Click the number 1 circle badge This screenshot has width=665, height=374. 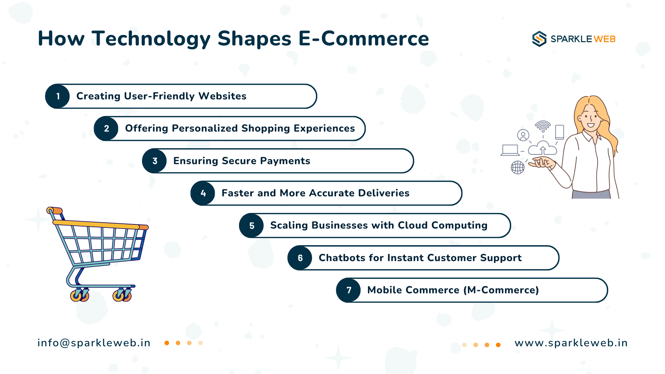58,96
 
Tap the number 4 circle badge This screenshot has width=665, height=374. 203,193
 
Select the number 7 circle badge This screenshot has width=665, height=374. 349,290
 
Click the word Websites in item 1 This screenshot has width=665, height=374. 222,96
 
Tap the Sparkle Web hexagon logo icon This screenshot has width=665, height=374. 539,39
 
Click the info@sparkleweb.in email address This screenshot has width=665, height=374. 94,343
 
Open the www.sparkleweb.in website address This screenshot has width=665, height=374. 571,343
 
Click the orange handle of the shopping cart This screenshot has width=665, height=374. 55,210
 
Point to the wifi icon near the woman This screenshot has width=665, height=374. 543,126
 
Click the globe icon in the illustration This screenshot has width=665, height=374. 517,168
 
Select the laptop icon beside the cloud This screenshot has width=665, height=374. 510,150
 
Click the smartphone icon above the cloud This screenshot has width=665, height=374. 559,132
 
